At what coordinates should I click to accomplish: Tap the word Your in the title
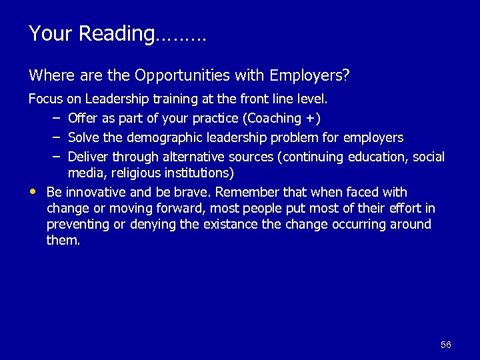point(51,33)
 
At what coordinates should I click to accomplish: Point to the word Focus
point(45,100)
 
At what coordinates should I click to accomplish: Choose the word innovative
point(90,192)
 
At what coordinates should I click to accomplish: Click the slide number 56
point(446,345)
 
